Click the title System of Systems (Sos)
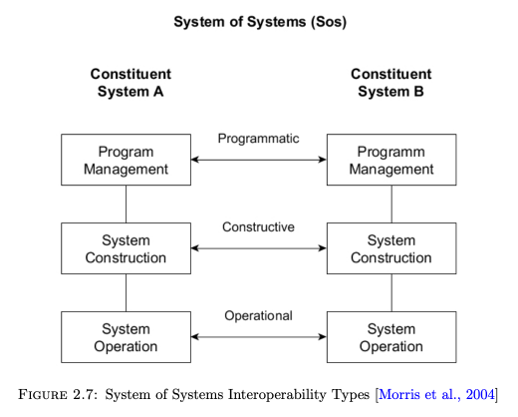(260, 22)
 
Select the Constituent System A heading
(130, 83)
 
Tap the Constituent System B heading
(391, 83)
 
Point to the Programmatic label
(258, 139)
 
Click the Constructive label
(258, 227)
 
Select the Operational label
(258, 316)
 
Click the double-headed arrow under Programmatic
(259, 160)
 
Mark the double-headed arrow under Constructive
(259, 248)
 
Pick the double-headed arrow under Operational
(259, 337)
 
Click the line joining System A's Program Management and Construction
(126, 204)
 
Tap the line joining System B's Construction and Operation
(391, 292)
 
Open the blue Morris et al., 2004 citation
(436, 395)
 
